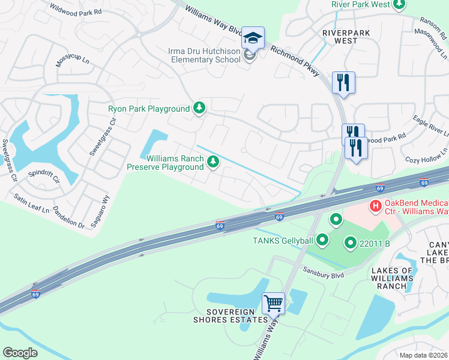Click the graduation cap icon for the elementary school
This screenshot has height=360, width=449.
(x=253, y=38)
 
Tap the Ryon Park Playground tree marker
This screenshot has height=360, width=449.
(x=199, y=109)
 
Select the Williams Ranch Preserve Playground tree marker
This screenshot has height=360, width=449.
(x=212, y=161)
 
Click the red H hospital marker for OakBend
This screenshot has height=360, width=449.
(x=376, y=206)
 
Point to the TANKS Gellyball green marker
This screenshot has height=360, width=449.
(x=323, y=241)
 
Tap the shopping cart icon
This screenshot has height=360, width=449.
(x=273, y=302)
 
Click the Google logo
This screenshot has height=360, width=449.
(x=20, y=352)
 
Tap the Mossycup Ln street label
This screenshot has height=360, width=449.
(x=73, y=61)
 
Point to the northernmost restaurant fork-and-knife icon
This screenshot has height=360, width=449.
(x=343, y=82)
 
